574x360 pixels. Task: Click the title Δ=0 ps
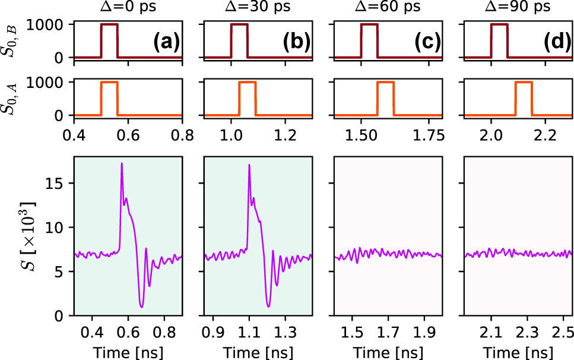tap(127, 8)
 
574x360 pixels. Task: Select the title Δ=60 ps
tap(386, 8)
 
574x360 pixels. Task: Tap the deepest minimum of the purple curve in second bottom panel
tap(268, 307)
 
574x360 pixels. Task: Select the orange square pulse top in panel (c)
tap(385, 83)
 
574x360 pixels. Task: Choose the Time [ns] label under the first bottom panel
tap(127, 349)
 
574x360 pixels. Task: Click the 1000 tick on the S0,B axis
tap(53, 25)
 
